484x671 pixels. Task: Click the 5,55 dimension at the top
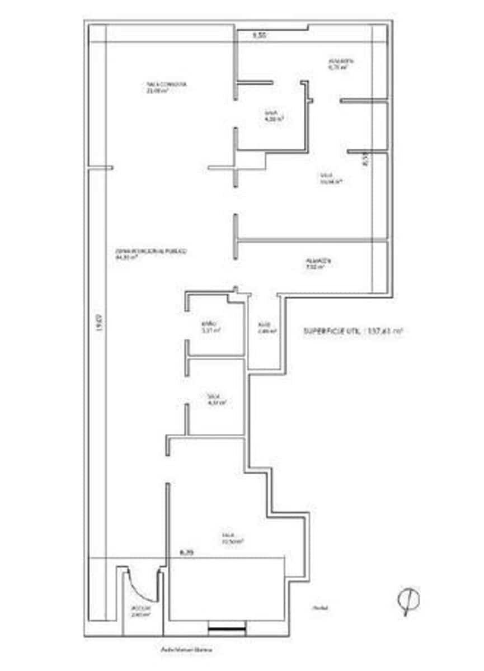pyautogui.click(x=259, y=35)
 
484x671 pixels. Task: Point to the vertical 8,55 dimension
pyautogui.click(x=365, y=159)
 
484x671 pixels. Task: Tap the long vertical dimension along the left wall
pyautogui.click(x=98, y=325)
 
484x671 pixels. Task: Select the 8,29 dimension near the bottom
pyautogui.click(x=186, y=552)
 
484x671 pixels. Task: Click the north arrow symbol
pyautogui.click(x=408, y=601)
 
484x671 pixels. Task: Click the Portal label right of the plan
pyautogui.click(x=320, y=608)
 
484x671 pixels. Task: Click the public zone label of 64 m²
pyautogui.click(x=151, y=255)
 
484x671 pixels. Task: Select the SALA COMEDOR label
pyautogui.click(x=166, y=87)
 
